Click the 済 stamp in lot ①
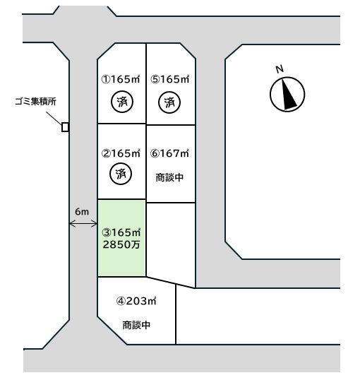click(122, 102)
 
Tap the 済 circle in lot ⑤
click(169, 102)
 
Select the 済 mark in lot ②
click(121, 174)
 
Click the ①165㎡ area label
click(121, 79)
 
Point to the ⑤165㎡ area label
click(170, 79)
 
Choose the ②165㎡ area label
click(121, 153)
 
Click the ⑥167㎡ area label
click(169, 153)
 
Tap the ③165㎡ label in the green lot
click(121, 232)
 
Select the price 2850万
click(121, 244)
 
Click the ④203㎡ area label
click(136, 301)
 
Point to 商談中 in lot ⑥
click(169, 178)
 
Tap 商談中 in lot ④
click(136, 325)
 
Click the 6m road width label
click(82, 212)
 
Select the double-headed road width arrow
click(83, 224)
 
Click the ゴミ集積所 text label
click(35, 101)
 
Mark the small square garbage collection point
click(65, 127)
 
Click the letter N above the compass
click(280, 69)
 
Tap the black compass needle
click(288, 93)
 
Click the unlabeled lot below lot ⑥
click(171, 244)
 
